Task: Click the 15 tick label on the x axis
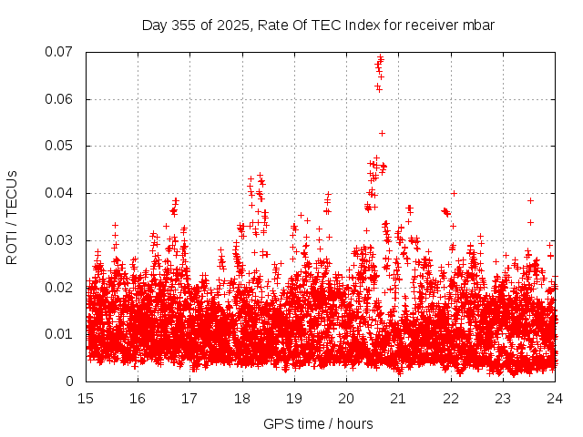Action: (87, 399)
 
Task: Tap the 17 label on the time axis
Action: (190, 399)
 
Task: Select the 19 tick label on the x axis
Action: (294, 399)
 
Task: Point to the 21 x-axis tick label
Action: (398, 399)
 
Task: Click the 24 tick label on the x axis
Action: (555, 399)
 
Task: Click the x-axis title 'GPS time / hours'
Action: (318, 423)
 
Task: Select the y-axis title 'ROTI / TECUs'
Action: (12, 217)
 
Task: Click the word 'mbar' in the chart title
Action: (477, 25)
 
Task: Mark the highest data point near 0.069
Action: (381, 57)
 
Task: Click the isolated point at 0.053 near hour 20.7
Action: (382, 133)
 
